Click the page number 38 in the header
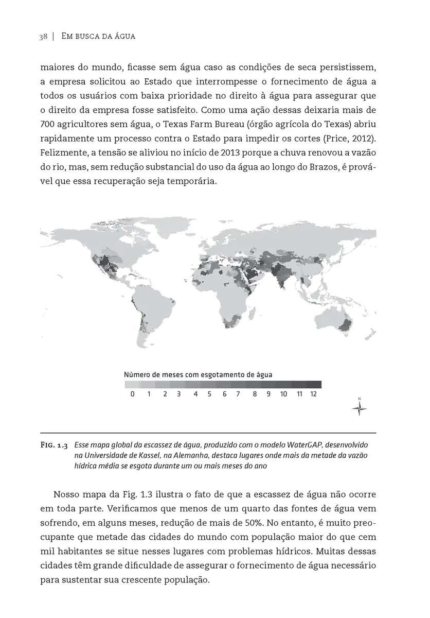43,37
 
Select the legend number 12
313,394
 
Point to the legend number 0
132,394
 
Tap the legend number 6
225,394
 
